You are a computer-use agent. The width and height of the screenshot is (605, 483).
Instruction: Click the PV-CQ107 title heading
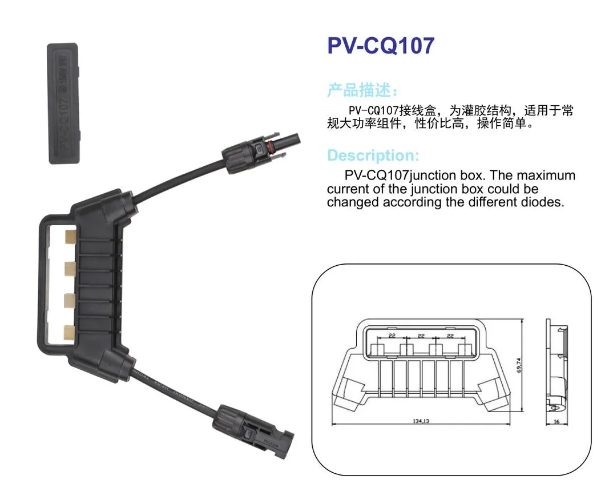[x=381, y=46]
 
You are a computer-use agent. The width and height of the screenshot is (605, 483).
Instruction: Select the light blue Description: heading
[x=373, y=155]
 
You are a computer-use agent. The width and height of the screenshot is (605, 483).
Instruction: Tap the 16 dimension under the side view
[x=556, y=421]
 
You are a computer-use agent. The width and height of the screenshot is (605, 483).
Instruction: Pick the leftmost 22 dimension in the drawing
[x=392, y=336]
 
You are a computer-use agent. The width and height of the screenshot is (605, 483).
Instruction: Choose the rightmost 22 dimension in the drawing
[x=450, y=336]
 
